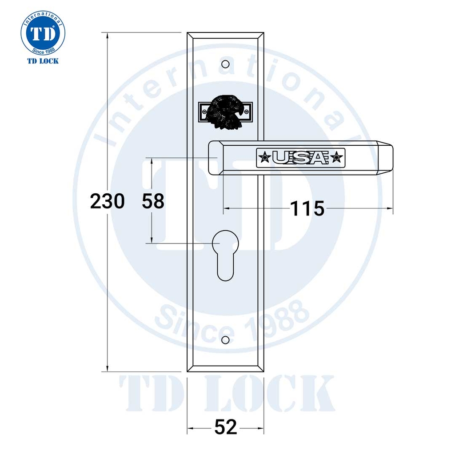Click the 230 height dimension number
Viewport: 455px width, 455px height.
pyautogui.click(x=107, y=202)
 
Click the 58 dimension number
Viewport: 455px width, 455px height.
pyautogui.click(x=153, y=202)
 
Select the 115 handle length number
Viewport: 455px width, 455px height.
pyautogui.click(x=307, y=208)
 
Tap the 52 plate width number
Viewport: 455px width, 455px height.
pyautogui.click(x=226, y=428)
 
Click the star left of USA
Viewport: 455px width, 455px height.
pyautogui.click(x=265, y=157)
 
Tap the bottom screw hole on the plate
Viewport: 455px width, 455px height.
pyautogui.click(x=225, y=340)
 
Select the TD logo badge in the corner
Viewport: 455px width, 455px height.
pyautogui.click(x=43, y=33)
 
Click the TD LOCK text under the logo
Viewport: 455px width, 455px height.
pyautogui.click(x=43, y=61)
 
